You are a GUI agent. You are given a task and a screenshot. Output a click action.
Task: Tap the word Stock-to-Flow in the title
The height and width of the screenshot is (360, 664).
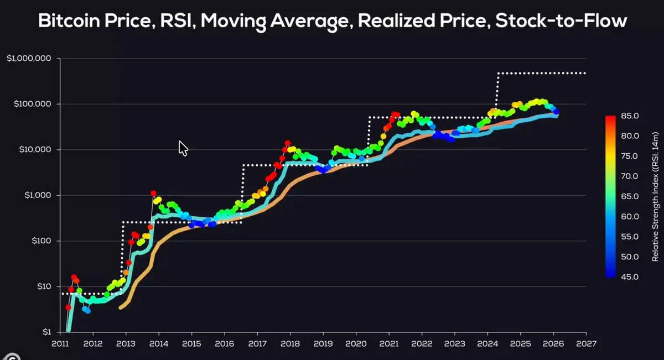tap(561, 22)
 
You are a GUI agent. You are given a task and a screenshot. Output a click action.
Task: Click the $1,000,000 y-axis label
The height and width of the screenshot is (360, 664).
tap(29, 59)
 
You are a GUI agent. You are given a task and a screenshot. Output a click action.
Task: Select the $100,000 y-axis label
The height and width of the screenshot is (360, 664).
tap(33, 104)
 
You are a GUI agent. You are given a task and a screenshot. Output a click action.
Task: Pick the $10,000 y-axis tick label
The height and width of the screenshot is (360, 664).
tap(35, 150)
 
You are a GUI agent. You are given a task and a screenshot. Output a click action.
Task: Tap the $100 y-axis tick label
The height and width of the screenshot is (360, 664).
tap(41, 241)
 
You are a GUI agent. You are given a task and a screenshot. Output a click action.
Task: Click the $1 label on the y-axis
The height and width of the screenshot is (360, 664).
tap(47, 332)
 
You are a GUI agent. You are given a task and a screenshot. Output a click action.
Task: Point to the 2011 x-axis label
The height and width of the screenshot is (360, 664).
tap(60, 344)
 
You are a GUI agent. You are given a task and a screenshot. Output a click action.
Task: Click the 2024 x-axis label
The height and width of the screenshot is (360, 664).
tap(487, 344)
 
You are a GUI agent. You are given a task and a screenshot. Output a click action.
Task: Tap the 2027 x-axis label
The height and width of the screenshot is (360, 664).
tap(585, 344)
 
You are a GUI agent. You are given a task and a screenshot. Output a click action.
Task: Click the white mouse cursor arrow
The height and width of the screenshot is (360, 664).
tap(183, 148)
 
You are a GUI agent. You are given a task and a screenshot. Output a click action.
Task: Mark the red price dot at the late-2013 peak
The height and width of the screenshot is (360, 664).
tap(153, 193)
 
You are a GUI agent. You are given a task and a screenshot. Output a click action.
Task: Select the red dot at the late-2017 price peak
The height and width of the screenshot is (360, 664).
tap(287, 143)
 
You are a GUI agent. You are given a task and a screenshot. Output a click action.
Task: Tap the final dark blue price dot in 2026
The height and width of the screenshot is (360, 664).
tap(556, 112)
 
